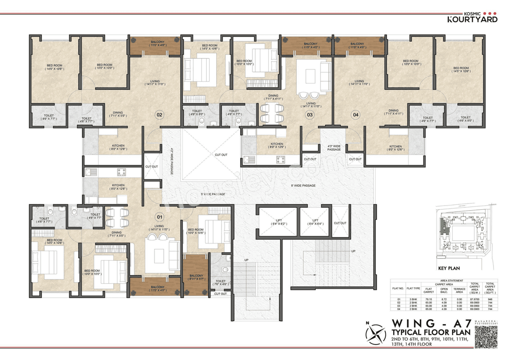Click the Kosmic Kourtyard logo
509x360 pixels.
pos(472,15)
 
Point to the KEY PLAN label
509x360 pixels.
pos(449,268)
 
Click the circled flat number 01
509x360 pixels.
pos(159,217)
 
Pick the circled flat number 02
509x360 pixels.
pos(159,115)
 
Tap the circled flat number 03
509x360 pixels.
pos(309,115)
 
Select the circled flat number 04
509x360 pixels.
pos(356,115)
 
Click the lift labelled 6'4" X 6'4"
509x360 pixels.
pos(315,222)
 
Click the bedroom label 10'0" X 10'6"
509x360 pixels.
pos(196,231)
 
